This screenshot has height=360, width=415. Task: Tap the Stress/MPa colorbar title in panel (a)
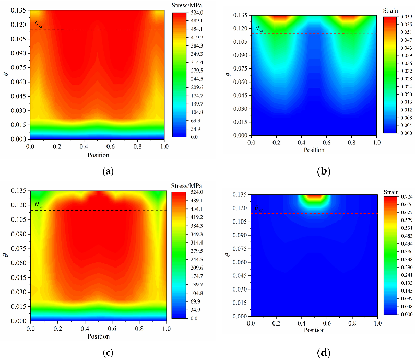pos(186,5)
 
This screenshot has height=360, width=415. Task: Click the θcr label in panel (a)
pos(38,24)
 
